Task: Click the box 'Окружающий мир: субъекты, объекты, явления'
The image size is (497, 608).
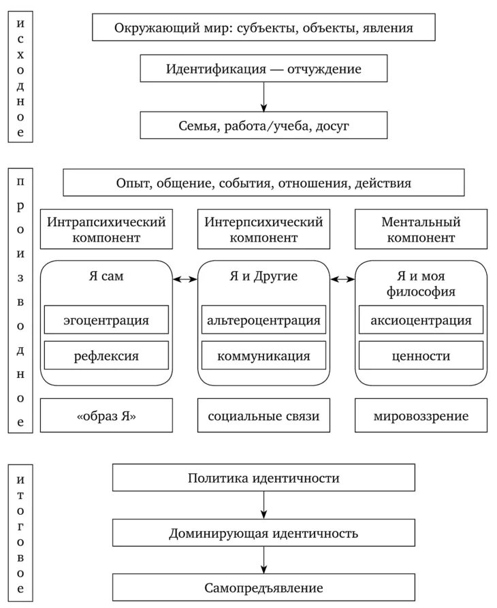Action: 263,29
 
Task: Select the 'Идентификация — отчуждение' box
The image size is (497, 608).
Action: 263,69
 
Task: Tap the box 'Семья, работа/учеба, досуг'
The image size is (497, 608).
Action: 263,126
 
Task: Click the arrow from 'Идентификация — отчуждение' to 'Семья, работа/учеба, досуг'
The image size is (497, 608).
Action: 263,97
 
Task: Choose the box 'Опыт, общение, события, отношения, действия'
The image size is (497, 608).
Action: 263,183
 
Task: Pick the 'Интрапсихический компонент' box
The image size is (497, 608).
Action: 106,230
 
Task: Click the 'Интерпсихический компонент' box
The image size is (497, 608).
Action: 263,230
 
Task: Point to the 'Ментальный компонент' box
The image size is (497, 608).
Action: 421,230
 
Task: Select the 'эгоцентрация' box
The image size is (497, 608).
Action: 106,320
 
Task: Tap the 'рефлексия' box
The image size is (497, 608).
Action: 106,355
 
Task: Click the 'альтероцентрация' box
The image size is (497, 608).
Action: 263,320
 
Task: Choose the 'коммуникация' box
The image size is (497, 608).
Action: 263,355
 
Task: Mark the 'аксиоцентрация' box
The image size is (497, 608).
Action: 421,320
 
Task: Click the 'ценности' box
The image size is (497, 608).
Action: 421,355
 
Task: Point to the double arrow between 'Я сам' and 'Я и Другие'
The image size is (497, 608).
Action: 185,278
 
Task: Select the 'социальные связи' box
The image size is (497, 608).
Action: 263,416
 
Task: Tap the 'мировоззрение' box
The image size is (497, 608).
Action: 421,416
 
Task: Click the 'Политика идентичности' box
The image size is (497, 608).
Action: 263,478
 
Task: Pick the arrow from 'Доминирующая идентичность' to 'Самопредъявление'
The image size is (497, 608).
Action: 263,560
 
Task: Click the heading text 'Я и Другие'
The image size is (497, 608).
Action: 263,277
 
